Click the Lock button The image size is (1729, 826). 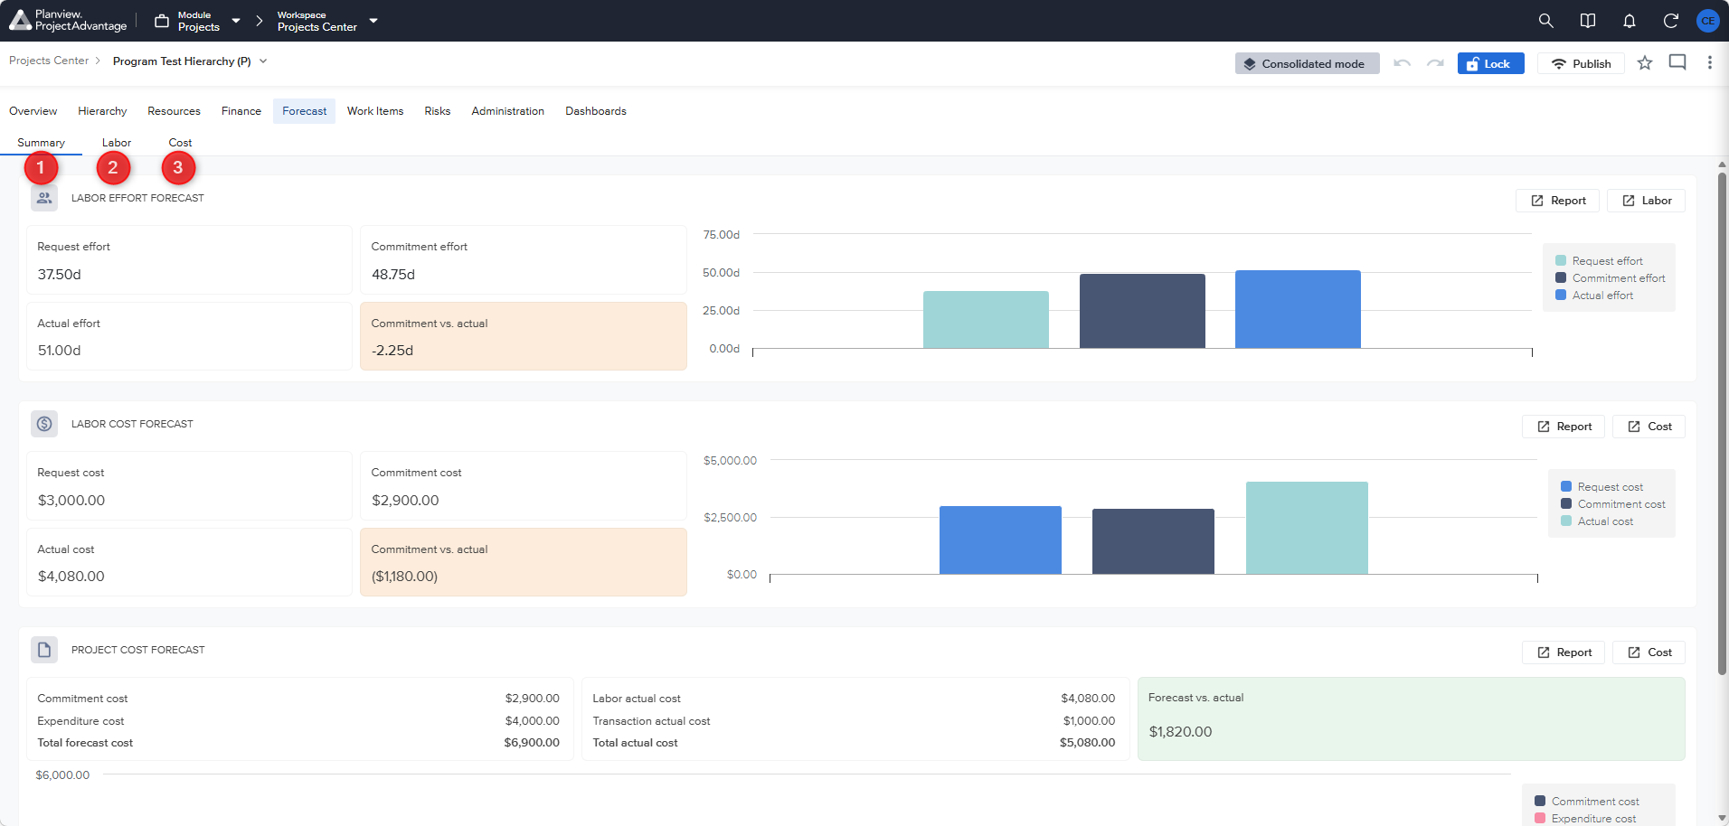pyautogui.click(x=1490, y=63)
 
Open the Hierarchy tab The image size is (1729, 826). pyautogui.click(x=102, y=111)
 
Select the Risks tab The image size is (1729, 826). pyautogui.click(x=438, y=111)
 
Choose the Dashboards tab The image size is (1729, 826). pyautogui.click(x=596, y=111)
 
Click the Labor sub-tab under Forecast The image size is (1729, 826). pyautogui.click(x=117, y=143)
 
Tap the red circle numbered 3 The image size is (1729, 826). pyautogui.click(x=178, y=167)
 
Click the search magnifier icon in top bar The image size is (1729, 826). pyautogui.click(x=1545, y=21)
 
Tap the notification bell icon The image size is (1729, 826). pyautogui.click(x=1630, y=21)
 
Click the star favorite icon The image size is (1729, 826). pyautogui.click(x=1645, y=63)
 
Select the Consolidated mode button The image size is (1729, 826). pyautogui.click(x=1308, y=63)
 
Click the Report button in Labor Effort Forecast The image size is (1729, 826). pyautogui.click(x=1558, y=201)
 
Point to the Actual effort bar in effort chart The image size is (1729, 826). pyautogui.click(x=1298, y=309)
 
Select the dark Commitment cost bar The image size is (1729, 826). pyautogui.click(x=1153, y=541)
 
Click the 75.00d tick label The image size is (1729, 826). pyautogui.click(x=722, y=235)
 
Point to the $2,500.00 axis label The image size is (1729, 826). pyautogui.click(x=731, y=518)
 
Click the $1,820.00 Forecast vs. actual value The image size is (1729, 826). pyautogui.click(x=1180, y=732)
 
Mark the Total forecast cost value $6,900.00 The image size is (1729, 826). pyautogui.click(x=532, y=743)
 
